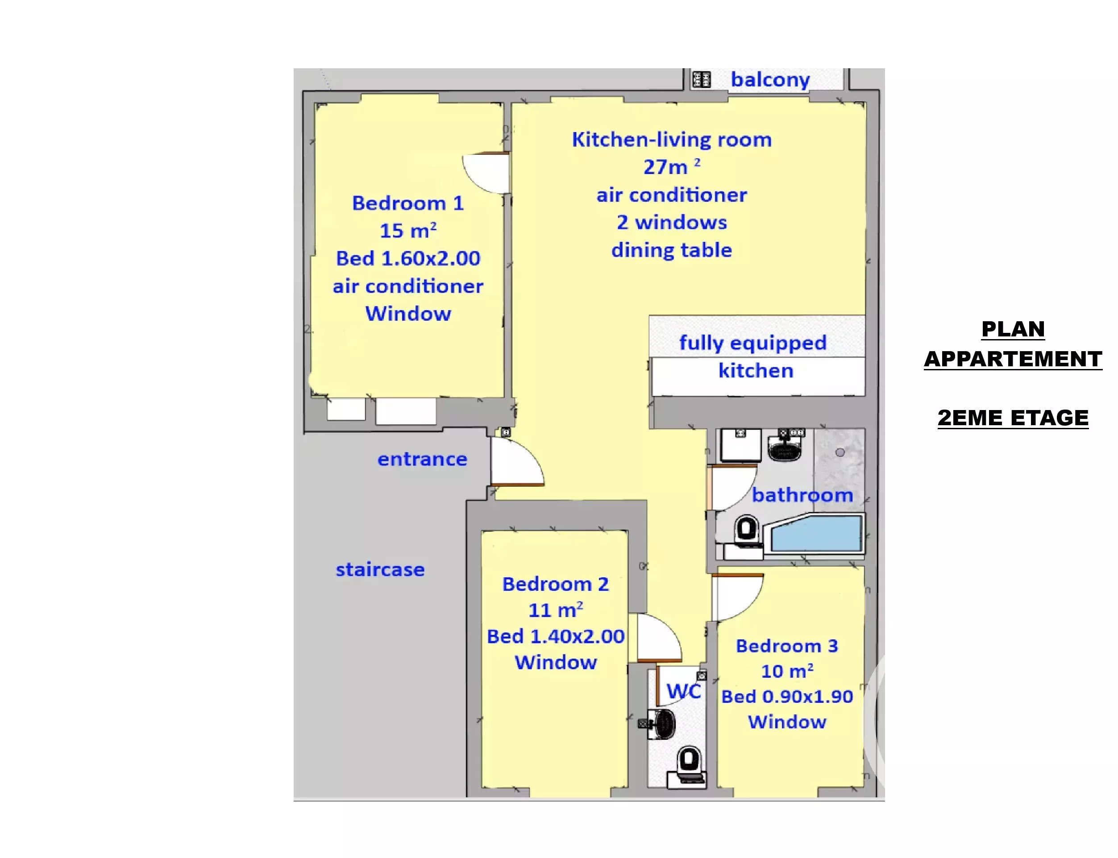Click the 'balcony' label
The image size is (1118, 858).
point(770,80)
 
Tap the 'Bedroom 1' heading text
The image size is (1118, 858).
point(408,203)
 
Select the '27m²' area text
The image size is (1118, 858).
point(671,166)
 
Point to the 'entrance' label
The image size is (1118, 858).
point(422,459)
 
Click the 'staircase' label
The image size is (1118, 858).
point(380,569)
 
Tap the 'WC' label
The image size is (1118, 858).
point(684,692)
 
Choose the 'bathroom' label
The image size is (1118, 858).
point(802,495)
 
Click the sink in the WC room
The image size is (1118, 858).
point(662,723)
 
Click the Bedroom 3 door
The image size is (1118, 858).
point(737,597)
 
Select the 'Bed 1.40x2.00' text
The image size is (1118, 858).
point(556,636)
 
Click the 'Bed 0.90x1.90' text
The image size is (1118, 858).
point(787,696)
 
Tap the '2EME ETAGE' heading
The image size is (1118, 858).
point(1013,418)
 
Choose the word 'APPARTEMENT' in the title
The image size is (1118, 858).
point(1013,359)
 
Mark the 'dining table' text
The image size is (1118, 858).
point(672,250)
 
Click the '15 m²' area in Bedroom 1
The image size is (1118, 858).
point(408,231)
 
